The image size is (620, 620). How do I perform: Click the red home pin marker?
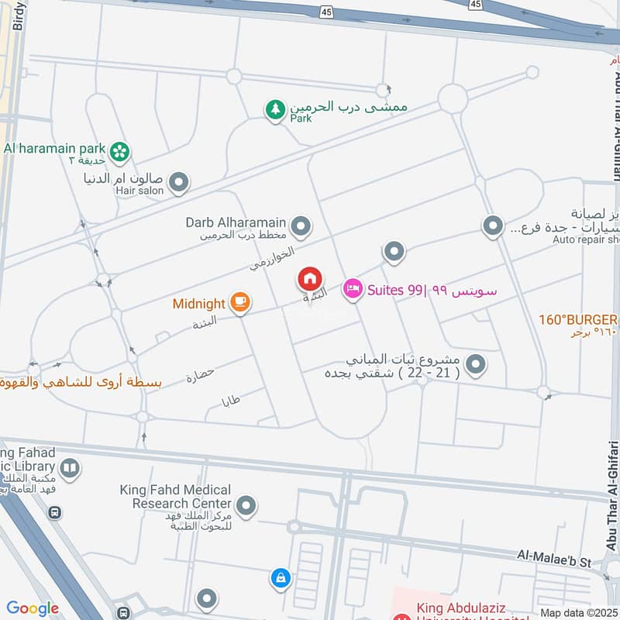click(310, 278)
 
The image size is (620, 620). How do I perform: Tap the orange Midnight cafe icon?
click(239, 303)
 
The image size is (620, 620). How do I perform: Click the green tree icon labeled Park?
click(274, 110)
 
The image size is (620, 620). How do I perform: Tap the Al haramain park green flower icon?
click(119, 152)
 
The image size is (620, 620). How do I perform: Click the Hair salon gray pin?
click(179, 183)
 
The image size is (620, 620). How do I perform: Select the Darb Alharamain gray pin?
click(301, 227)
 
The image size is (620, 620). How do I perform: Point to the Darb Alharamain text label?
click(236, 222)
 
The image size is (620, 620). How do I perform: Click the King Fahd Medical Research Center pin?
click(246, 506)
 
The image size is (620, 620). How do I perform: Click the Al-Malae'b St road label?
click(554, 556)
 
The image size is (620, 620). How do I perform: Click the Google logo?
click(33, 608)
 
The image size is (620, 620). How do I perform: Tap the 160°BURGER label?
click(578, 319)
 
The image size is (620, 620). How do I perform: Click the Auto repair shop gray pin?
click(493, 226)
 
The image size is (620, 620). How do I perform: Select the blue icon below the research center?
click(280, 577)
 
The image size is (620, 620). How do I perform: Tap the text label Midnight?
click(199, 304)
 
